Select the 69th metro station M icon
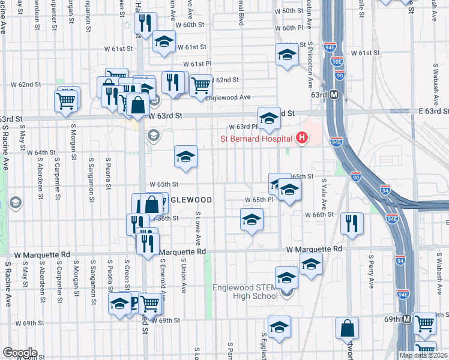(x=407, y=319)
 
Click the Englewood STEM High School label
(x=244, y=292)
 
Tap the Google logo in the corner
(x=19, y=353)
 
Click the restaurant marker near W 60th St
(x=145, y=24)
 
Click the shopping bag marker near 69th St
(x=348, y=328)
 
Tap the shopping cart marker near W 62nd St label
(x=200, y=85)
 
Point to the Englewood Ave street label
(x=228, y=97)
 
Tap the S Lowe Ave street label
(x=197, y=228)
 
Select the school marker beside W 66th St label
(x=252, y=220)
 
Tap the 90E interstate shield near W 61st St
(x=336, y=62)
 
